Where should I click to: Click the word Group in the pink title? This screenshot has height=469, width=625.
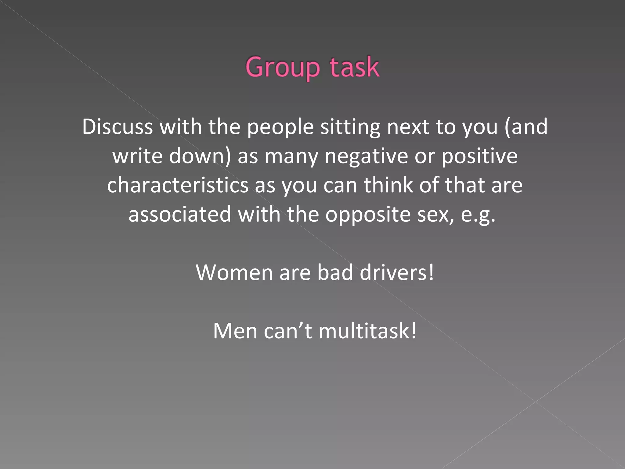(282, 67)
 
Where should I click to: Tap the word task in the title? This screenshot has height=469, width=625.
(354, 67)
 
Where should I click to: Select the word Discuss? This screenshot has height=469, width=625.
(117, 127)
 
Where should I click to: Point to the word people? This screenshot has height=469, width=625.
(280, 127)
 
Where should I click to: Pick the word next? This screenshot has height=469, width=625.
(408, 127)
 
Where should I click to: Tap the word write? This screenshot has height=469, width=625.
(137, 156)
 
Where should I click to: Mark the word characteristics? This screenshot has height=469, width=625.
(178, 185)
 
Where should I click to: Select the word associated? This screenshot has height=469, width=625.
(180, 214)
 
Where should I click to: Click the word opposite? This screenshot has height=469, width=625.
(368, 215)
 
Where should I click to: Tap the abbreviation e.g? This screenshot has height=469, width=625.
(478, 215)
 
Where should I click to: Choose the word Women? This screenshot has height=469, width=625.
(234, 272)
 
